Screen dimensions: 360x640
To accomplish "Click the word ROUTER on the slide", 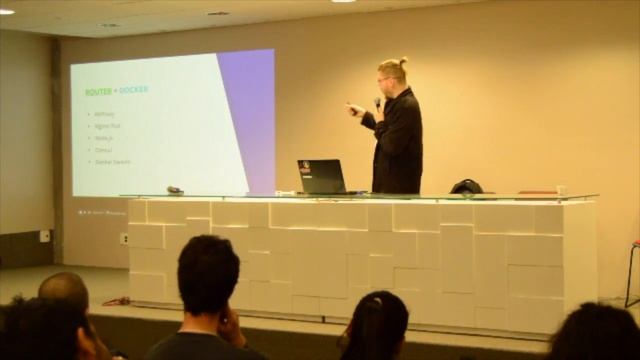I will tap(98, 91).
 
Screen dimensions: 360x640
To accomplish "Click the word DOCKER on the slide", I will tap(133, 90).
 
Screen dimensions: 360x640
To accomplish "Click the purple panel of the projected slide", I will tap(250, 110).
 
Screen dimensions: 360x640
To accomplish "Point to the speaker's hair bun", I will tap(402, 61).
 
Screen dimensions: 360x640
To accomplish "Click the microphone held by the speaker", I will tap(377, 102).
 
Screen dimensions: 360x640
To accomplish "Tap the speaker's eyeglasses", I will tap(384, 78).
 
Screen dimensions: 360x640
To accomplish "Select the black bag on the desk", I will tap(466, 187).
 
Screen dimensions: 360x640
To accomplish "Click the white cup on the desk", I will tap(561, 190).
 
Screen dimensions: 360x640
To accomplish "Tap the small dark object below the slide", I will tap(174, 189).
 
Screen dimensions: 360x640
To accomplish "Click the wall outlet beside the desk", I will tap(124, 238).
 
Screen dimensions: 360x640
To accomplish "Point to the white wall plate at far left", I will tap(44, 236).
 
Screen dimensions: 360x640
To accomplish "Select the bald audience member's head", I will tap(64, 292).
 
